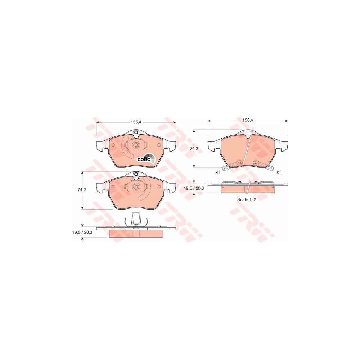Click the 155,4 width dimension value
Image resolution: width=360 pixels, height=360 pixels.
pos(135,122)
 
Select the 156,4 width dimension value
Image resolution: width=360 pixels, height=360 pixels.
pos(248,120)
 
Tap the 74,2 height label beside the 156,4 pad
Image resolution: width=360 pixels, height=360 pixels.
pos(194,149)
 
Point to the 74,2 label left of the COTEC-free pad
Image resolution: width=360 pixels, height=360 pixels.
pos(82,190)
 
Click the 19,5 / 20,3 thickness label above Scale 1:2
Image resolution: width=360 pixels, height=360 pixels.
pos(194,188)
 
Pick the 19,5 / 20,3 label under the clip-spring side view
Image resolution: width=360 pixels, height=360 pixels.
pos(82,232)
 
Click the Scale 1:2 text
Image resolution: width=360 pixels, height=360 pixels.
pos(246,199)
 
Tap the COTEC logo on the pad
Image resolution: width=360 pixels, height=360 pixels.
pos(146,159)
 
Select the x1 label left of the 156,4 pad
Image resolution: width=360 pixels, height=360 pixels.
pos(218,172)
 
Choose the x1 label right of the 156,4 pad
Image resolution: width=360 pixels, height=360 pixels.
pos(279,172)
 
